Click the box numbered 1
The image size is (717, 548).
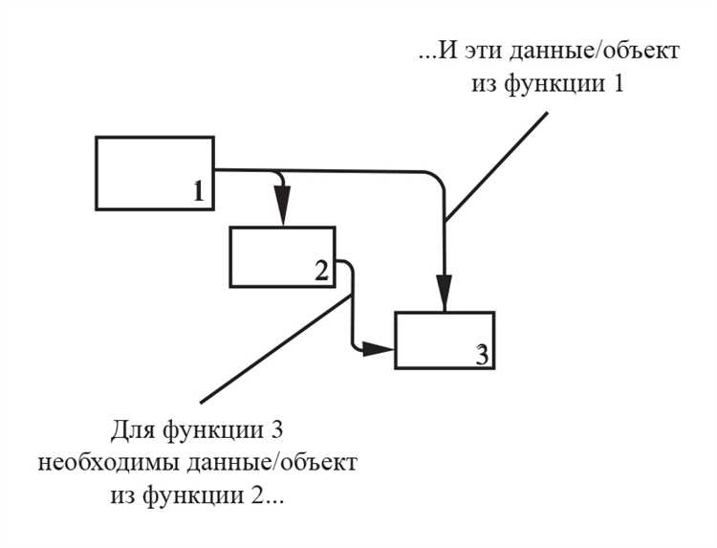(x=154, y=173)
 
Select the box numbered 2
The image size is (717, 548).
(x=282, y=256)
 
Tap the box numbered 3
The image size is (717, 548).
(x=445, y=340)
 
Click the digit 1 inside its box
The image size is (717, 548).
(x=198, y=191)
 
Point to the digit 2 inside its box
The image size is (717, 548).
(x=321, y=271)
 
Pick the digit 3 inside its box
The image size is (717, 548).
(x=483, y=354)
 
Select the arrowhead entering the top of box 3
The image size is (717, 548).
(x=445, y=293)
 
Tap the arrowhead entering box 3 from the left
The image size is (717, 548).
(x=380, y=351)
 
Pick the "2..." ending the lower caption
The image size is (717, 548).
(x=283, y=497)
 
